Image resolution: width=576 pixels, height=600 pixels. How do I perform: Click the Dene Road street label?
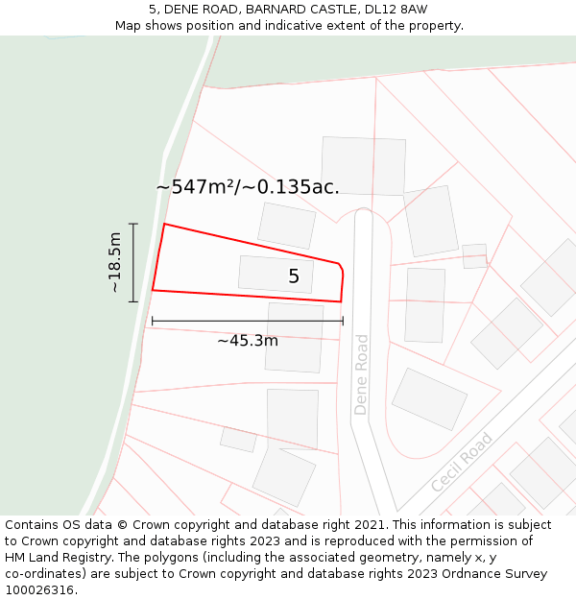click(361, 374)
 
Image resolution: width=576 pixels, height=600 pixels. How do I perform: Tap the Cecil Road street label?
click(462, 463)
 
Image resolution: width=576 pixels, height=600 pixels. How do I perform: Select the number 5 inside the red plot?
click(294, 276)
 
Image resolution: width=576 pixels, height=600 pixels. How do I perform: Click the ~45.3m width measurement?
click(248, 340)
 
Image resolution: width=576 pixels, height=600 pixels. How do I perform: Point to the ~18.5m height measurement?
click(115, 262)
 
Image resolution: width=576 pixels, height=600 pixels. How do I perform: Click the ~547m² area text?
click(196, 187)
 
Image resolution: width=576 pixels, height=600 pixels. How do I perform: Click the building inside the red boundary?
click(276, 275)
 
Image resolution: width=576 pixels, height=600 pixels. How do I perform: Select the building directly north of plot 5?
click(286, 226)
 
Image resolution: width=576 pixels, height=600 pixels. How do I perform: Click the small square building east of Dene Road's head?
click(474, 256)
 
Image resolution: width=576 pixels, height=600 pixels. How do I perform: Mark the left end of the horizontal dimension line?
click(152, 321)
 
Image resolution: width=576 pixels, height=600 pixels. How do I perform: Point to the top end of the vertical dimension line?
click(133, 224)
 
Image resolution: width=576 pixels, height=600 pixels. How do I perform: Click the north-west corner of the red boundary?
click(164, 225)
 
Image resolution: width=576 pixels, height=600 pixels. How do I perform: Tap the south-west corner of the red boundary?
click(153, 290)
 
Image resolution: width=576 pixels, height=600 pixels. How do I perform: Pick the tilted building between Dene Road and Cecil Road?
click(429, 398)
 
